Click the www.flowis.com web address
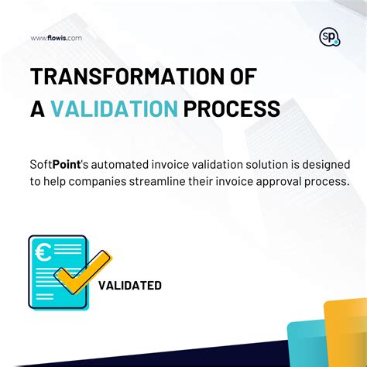pos(56,37)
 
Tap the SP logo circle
pos(328,36)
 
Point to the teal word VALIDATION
pos(115,108)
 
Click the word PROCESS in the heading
pos(232,108)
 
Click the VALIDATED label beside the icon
pos(130,286)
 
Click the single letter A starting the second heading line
pos(36,108)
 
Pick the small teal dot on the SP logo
pos(336,43)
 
